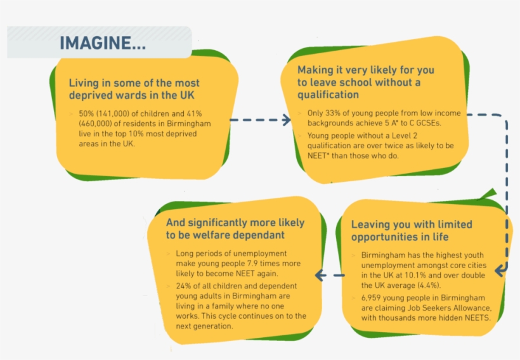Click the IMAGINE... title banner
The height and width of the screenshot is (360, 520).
click(101, 43)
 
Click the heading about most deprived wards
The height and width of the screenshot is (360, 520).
click(134, 89)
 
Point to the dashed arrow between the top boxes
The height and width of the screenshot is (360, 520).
click(258, 119)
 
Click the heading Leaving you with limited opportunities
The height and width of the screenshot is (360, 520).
click(412, 231)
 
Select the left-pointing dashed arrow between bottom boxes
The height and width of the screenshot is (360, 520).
click(330, 276)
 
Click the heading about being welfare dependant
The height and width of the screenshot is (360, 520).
click(235, 229)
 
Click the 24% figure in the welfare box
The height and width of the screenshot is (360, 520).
click(185, 286)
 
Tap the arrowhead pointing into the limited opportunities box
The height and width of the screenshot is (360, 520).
click(501, 271)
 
